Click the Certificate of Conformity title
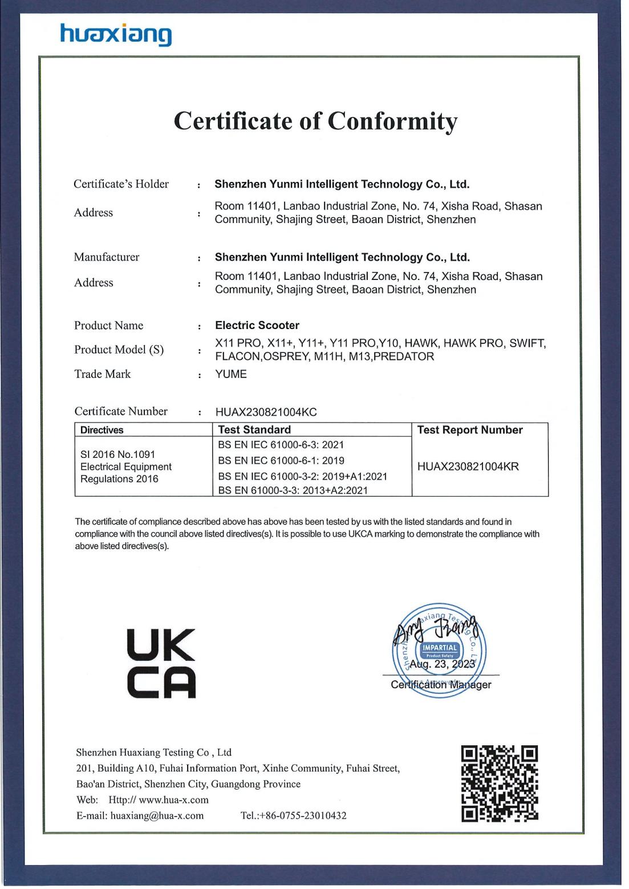tap(315, 121)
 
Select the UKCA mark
tap(161, 663)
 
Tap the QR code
tap(500, 784)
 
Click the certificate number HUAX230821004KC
tap(266, 412)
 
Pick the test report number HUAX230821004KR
tap(468, 466)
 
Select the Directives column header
tap(102, 430)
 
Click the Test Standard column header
tap(254, 430)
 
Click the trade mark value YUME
tap(231, 374)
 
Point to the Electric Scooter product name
tap(257, 326)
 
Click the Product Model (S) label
tap(119, 350)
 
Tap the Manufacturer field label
tap(107, 257)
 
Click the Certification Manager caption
tap(441, 685)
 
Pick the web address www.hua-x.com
tap(173, 800)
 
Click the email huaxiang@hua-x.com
tap(157, 816)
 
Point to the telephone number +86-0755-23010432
tap(302, 816)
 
